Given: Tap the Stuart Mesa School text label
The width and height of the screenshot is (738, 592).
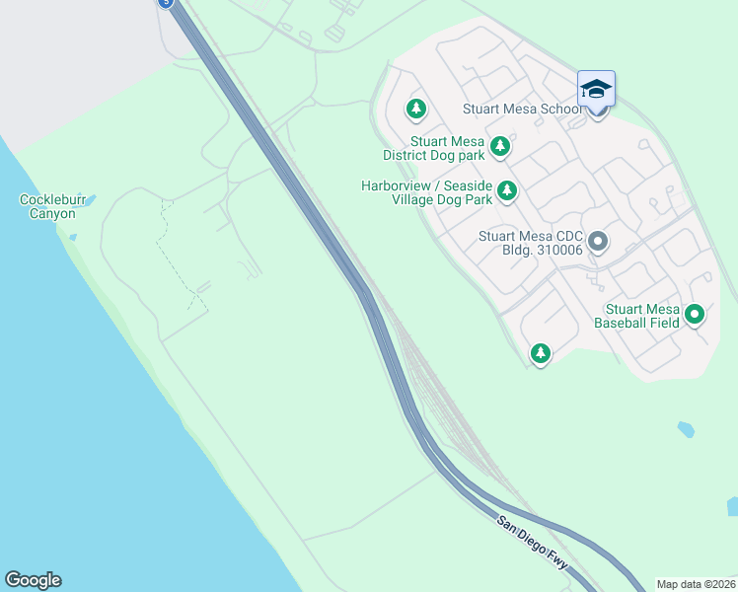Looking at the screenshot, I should (519, 109).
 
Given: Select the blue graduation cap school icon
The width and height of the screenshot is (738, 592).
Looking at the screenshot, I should (596, 90).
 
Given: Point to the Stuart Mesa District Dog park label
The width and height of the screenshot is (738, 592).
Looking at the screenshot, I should (434, 148).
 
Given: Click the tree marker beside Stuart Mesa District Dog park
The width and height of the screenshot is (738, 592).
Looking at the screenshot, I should (500, 146).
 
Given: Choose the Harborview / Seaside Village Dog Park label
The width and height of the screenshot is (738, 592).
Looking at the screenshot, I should (427, 191).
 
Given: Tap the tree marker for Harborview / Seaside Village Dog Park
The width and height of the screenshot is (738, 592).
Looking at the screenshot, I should (507, 189).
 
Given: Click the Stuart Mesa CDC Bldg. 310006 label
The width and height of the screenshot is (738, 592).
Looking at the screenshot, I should (530, 242).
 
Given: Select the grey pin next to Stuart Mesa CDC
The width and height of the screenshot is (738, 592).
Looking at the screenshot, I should (597, 241).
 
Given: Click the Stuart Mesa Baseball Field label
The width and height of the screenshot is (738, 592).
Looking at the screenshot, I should (642, 315).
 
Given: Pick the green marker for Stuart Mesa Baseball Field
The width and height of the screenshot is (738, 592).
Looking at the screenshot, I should (695, 315).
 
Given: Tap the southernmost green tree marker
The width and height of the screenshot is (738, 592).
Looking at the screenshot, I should (540, 352).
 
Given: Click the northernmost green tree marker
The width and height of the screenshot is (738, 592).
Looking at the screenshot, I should (416, 107).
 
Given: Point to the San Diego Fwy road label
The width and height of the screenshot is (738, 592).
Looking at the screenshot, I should (533, 543).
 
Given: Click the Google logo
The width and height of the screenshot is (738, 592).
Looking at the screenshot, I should (33, 580).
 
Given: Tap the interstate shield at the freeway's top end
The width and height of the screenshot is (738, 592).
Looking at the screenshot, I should (165, 3).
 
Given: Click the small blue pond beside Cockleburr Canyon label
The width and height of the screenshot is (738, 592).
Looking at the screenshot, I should (91, 200).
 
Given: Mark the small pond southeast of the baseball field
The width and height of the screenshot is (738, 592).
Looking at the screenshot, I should (686, 430).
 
